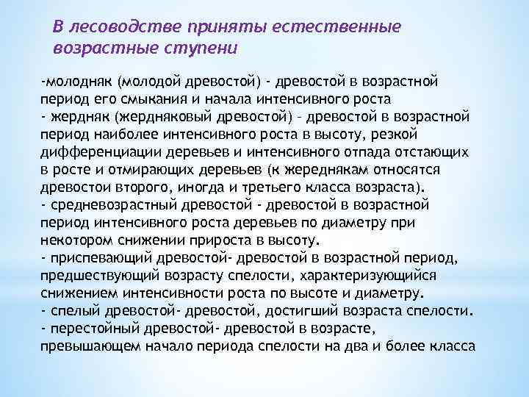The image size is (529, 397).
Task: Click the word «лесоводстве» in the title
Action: [x=112, y=27]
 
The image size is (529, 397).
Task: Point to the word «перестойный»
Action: [x=92, y=328]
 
